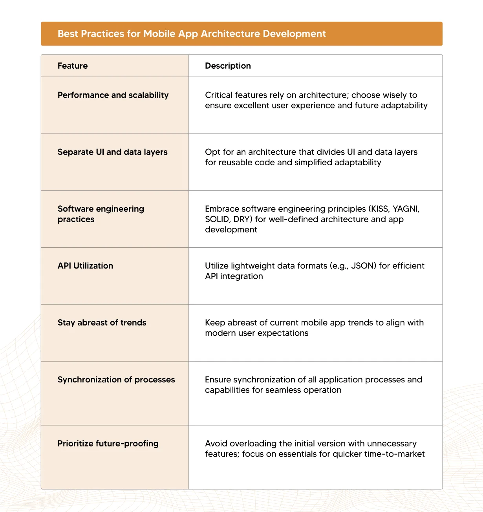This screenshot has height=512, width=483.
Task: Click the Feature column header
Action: point(73,66)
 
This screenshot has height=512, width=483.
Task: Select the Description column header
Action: point(228,66)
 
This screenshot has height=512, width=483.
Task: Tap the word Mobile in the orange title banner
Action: point(159,34)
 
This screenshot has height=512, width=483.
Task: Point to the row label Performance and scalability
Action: point(113,95)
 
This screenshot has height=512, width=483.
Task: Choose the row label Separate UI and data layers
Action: point(112,152)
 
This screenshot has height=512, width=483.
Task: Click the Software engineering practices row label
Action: point(101,214)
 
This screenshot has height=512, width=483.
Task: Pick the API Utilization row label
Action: point(85,266)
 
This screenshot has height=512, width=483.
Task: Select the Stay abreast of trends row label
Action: point(102,323)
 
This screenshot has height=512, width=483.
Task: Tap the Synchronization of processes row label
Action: point(116,380)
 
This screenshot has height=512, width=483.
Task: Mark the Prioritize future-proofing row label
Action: point(108,444)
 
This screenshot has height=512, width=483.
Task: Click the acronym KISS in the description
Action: point(379,209)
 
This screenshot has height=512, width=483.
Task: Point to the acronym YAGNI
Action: point(406,209)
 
